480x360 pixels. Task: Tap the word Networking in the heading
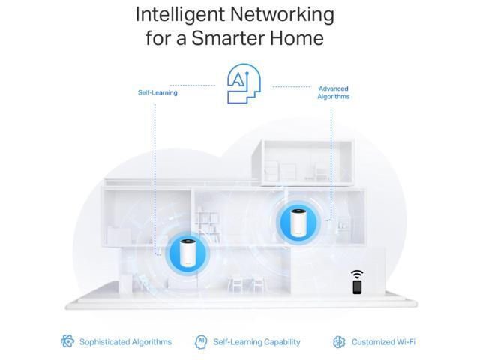286,14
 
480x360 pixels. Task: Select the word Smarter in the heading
241,38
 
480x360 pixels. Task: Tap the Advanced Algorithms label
333,92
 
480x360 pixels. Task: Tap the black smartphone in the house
357,286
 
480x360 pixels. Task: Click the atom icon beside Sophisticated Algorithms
67,341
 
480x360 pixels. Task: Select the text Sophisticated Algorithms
125,341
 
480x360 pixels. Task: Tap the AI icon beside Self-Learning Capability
201,341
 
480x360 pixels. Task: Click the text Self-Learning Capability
256,341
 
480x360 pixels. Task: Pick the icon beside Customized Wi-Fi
339,341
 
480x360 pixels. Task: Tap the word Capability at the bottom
277,341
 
